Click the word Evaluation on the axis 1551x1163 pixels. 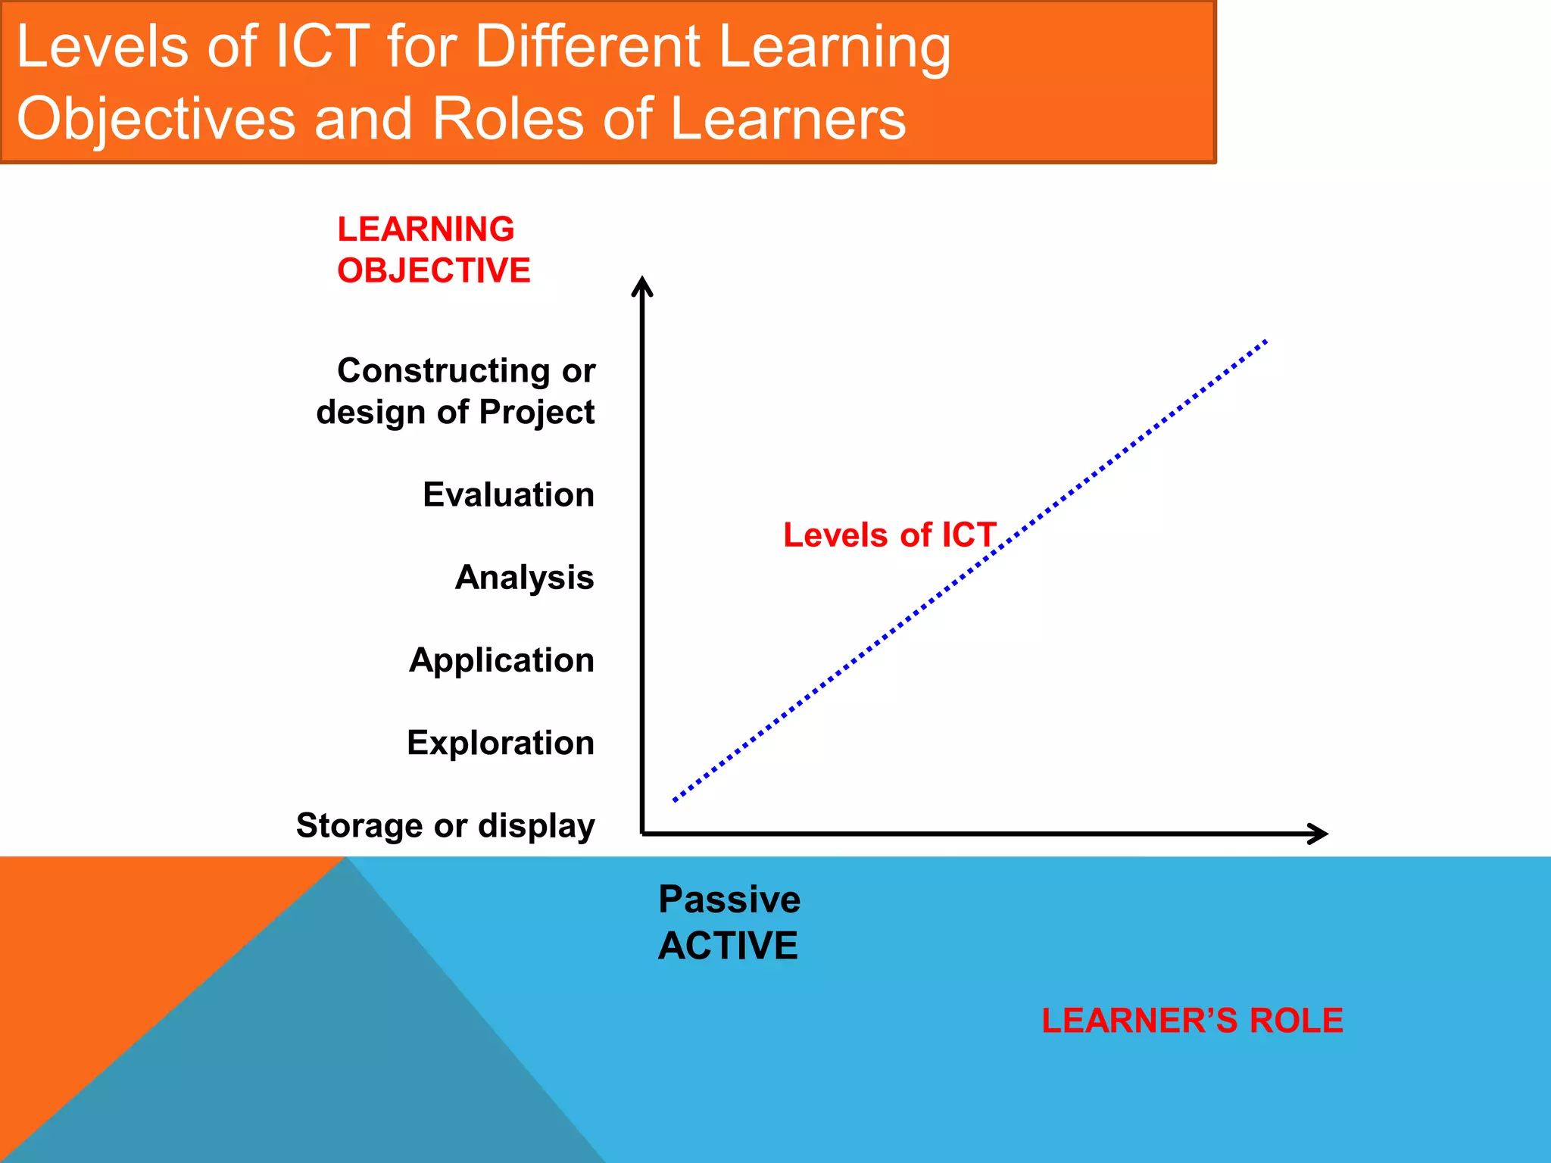[x=508, y=495]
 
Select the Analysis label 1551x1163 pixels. [x=524, y=578]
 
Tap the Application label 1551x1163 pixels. [x=501, y=660]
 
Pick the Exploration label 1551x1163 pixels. [x=501, y=743]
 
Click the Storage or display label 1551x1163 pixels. [x=445, y=825]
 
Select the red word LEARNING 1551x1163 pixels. [x=426, y=229]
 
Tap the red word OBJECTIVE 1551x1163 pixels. [x=434, y=271]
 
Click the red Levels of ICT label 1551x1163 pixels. [x=889, y=535]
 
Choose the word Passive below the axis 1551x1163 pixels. [x=729, y=900]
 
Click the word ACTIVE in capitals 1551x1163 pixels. [x=728, y=946]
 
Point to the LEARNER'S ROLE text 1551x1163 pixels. [x=1192, y=1021]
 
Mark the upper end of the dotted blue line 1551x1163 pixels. [x=1265, y=342]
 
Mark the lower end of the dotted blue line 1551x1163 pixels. [x=675, y=800]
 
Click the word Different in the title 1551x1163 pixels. [x=588, y=47]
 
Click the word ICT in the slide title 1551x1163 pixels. [x=322, y=47]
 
